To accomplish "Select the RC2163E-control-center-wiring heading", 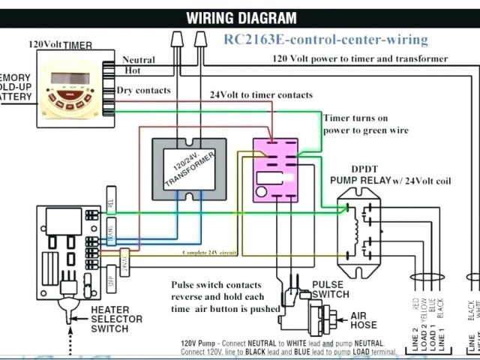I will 325,40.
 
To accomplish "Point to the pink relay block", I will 274,169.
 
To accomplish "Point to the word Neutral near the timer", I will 138,60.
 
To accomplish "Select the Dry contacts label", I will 143,91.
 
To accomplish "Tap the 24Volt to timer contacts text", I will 260,95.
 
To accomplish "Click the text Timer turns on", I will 355,118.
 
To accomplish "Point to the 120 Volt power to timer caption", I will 359,58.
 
